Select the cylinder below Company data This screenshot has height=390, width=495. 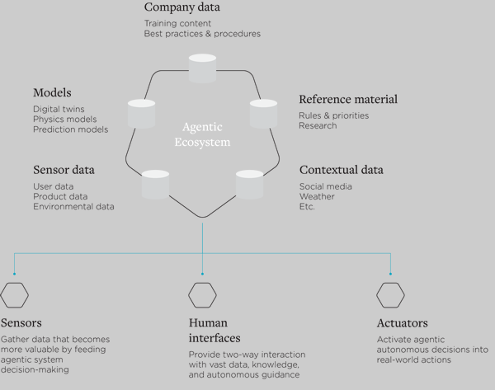tap(202, 68)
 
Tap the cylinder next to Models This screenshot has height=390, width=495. tap(143, 113)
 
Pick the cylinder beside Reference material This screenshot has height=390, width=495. tap(263, 113)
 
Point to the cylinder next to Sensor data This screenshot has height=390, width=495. tap(155, 184)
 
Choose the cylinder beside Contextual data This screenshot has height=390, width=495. tap(249, 184)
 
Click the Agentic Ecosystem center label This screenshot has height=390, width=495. tap(203, 134)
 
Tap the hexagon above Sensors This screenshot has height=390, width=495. tap(15, 294)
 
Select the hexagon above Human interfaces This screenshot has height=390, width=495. tap(202, 294)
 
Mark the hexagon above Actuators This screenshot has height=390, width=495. tap(390, 294)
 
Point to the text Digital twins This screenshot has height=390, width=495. tap(59, 109)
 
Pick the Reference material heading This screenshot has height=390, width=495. tap(348, 100)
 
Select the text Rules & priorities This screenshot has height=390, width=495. tap(334, 115)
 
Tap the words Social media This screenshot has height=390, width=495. tap(326, 186)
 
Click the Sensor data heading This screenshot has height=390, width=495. tap(64, 170)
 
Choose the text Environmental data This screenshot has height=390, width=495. tap(73, 206)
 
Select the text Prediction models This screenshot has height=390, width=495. tap(70, 129)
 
